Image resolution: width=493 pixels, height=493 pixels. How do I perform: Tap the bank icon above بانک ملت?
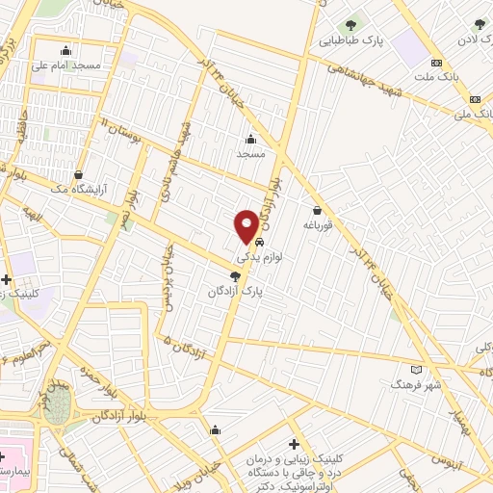point(437,64)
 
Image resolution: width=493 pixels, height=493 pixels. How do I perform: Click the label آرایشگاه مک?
point(75,191)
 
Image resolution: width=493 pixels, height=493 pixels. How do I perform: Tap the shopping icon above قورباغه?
point(317,210)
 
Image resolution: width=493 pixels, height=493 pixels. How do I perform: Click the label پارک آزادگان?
point(239,289)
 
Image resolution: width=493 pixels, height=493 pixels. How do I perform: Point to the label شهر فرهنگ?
point(415,384)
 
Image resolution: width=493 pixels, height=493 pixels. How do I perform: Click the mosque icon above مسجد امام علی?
point(66,51)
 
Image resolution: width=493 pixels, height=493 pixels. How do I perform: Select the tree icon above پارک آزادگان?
point(223,274)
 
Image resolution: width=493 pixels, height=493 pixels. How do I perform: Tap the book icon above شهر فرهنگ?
point(416,369)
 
